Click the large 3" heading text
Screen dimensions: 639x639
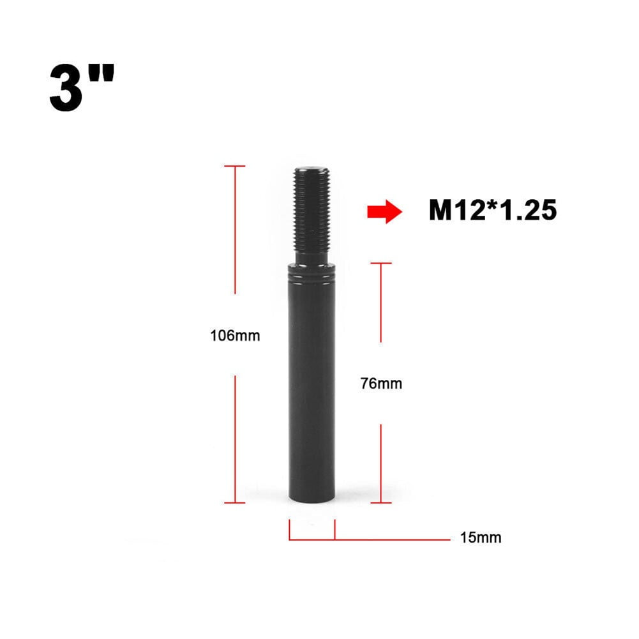pyautogui.click(x=81, y=87)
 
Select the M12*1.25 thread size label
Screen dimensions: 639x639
pyautogui.click(x=492, y=211)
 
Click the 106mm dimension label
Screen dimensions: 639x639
pyautogui.click(x=235, y=335)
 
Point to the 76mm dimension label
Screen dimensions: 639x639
pyautogui.click(x=381, y=384)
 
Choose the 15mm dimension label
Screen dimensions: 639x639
pyautogui.click(x=481, y=538)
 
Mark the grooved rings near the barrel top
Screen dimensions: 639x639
pyautogui.click(x=312, y=276)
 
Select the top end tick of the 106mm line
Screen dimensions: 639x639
pyautogui.click(x=235, y=166)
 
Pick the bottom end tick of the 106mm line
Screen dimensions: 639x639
pyautogui.click(x=235, y=502)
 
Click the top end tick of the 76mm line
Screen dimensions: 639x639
pyautogui.click(x=381, y=262)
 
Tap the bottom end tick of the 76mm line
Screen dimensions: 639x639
pyautogui.click(x=381, y=502)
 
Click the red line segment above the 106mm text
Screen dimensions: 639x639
pyautogui.click(x=235, y=230)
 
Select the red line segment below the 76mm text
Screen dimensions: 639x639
pyautogui.click(x=381, y=463)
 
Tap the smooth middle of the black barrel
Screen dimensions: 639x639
pyautogui.click(x=312, y=383)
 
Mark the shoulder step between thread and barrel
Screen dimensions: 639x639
pyautogui.click(x=312, y=263)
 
